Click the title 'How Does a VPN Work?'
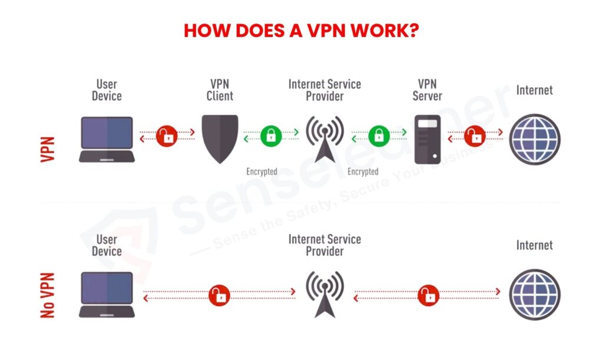coord(301,31)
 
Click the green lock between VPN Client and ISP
coord(271,136)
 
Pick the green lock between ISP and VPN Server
coord(379,136)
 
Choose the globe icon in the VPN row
coord(534,139)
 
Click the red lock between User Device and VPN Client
coord(167,136)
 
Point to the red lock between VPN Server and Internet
coord(475,136)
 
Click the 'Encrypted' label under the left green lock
coord(261,171)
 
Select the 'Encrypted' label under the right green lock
coord(363,171)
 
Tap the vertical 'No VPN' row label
coord(48,295)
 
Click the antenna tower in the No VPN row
coord(324,295)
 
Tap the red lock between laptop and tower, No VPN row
coord(218,295)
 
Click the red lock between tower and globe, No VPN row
coord(428,295)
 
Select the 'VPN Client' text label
coord(220,90)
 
